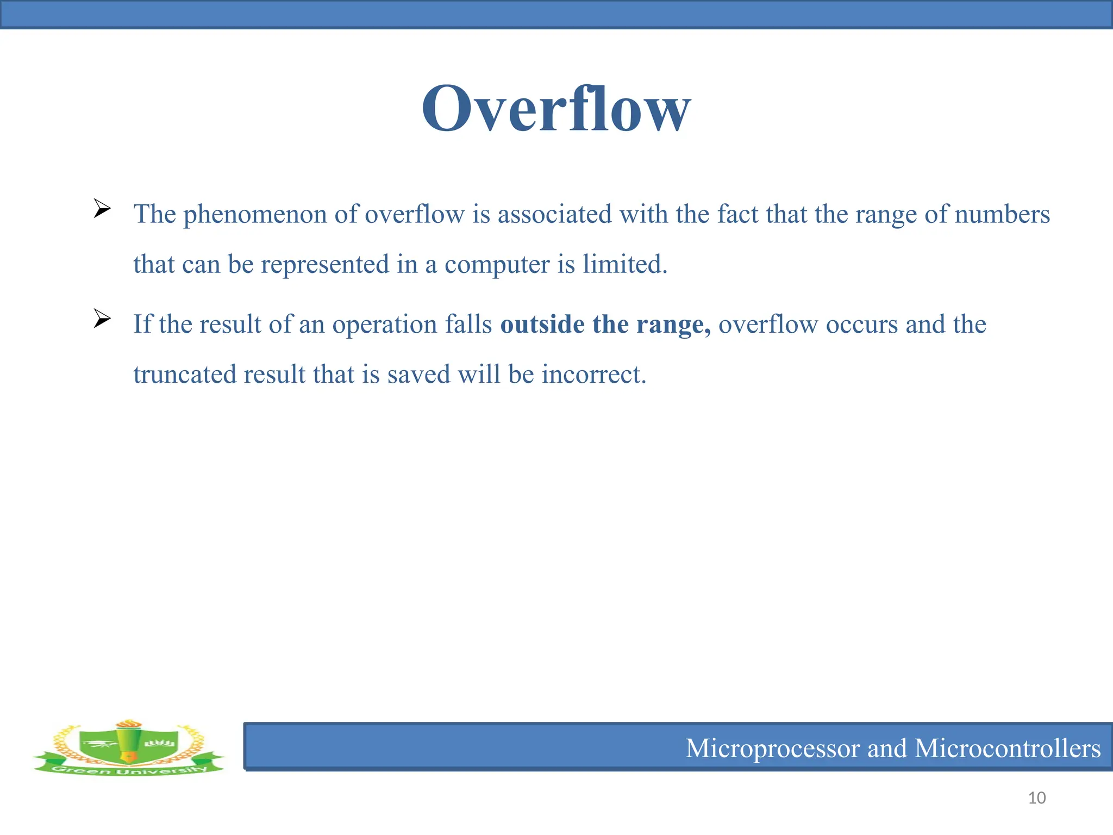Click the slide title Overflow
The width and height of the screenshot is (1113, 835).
point(556,109)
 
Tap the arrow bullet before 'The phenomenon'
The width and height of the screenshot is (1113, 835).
point(102,208)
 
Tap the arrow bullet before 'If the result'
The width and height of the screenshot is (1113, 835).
point(102,319)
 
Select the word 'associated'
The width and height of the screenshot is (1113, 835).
point(554,214)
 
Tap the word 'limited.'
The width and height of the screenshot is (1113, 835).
point(625,264)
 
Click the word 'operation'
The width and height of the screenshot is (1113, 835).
point(384,325)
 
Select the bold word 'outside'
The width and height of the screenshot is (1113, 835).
point(542,325)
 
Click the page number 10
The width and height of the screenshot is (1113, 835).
point(1037,798)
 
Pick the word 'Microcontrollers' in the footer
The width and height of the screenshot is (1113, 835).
point(1008,749)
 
